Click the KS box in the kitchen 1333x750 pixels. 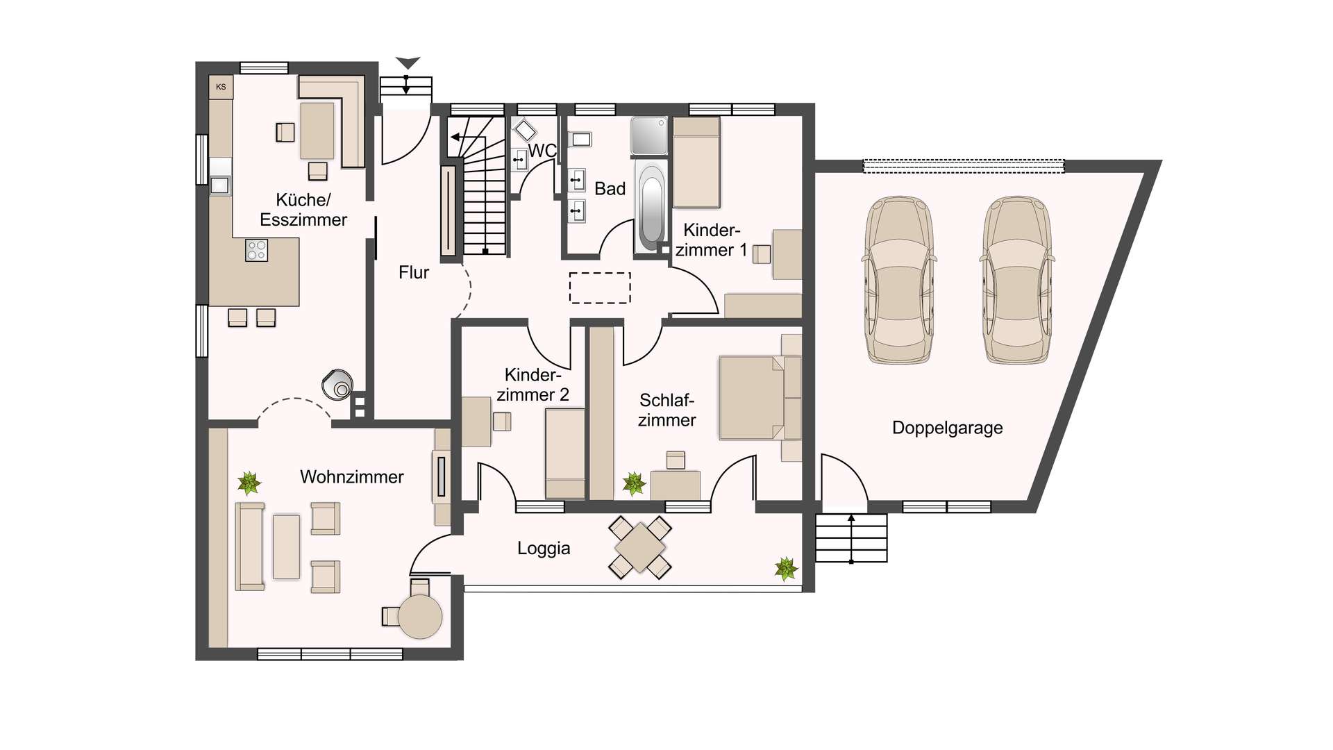[x=221, y=87]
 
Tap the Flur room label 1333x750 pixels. [x=414, y=272]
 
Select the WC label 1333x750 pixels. [x=542, y=151]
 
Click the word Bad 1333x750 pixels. [x=610, y=189]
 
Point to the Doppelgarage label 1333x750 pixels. [x=947, y=428]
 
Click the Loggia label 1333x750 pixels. [x=544, y=548]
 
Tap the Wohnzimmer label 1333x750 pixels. [x=352, y=477]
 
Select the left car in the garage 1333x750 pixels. [x=899, y=280]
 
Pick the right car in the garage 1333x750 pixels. [x=1017, y=280]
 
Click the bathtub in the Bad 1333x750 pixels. [x=651, y=208]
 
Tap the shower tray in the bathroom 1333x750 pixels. [x=649, y=135]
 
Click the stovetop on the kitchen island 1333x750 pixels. [x=257, y=250]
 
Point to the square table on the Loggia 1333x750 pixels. [x=640, y=548]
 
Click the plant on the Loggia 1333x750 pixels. [x=786, y=568]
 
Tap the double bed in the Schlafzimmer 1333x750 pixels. [x=760, y=398]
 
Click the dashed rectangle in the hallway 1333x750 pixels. [x=600, y=287]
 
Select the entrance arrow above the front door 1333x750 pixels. [x=408, y=62]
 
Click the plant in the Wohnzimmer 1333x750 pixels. [x=249, y=483]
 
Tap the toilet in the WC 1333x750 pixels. [x=524, y=129]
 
